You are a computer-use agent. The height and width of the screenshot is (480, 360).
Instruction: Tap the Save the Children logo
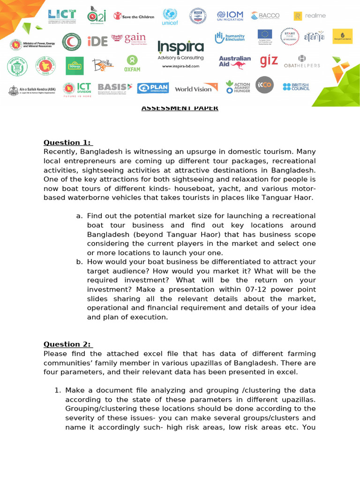tap(134, 17)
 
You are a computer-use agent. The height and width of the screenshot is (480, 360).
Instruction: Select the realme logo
tap(309, 16)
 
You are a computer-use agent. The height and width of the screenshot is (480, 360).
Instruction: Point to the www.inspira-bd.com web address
tap(180, 66)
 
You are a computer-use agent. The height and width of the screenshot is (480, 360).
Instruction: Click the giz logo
tap(269, 61)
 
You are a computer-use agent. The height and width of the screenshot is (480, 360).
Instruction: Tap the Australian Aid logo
tap(234, 61)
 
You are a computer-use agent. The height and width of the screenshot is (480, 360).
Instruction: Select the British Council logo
tap(296, 87)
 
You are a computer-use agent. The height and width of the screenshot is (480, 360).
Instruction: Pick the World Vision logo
tap(195, 88)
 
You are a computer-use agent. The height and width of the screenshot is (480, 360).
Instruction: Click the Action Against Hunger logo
tap(238, 87)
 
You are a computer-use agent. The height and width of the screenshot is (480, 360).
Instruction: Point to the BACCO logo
tap(265, 15)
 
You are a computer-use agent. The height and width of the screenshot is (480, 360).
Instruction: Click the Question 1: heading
tap(68, 142)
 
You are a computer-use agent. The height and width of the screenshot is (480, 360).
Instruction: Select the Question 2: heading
tap(68, 344)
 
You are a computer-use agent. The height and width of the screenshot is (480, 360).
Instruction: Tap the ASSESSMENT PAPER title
tap(180, 108)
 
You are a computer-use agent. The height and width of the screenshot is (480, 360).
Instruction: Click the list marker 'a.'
tap(79, 216)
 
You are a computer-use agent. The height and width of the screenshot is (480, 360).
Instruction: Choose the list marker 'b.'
tap(79, 262)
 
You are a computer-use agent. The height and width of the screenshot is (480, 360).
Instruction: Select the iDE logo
tap(97, 41)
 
